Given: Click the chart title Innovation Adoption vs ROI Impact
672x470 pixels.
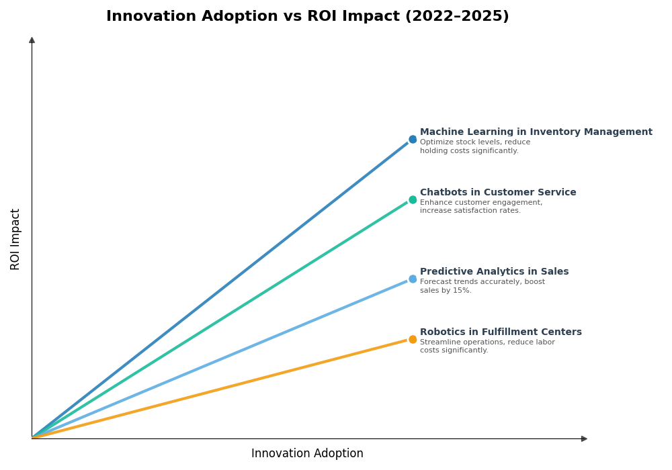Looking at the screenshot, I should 307,17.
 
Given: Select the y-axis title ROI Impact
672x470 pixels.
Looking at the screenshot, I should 15,239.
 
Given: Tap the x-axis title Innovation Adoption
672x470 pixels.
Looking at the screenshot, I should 307,454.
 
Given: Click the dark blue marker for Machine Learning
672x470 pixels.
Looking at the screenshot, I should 413,140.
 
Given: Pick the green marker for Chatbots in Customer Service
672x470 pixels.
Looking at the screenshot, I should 413,200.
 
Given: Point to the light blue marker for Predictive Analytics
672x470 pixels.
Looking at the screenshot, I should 413,279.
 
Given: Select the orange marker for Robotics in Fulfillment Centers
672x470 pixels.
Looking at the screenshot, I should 413,340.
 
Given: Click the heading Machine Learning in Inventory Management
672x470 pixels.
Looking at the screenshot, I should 536,132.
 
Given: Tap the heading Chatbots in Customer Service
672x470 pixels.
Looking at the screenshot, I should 498,193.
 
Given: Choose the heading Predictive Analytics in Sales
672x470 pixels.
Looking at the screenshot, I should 494,272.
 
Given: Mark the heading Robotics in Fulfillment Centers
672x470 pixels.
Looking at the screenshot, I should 501,332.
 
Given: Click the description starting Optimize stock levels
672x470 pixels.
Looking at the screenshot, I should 474,146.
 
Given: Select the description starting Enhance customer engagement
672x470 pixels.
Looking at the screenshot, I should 480,207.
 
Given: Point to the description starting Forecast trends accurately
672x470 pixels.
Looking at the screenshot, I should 482,286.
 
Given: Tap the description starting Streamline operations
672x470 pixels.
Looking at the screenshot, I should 487,346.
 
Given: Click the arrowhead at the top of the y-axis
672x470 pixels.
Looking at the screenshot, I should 32,40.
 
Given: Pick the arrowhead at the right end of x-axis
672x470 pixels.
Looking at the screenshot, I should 584,438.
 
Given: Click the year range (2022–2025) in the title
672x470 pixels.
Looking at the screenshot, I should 456,17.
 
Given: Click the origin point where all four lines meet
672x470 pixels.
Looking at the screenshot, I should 32,438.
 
